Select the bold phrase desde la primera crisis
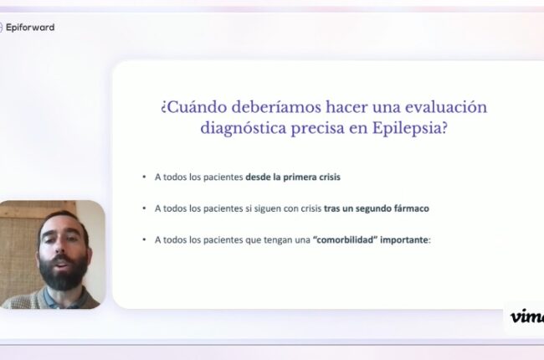pos(293,177)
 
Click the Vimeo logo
pos(526,316)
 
